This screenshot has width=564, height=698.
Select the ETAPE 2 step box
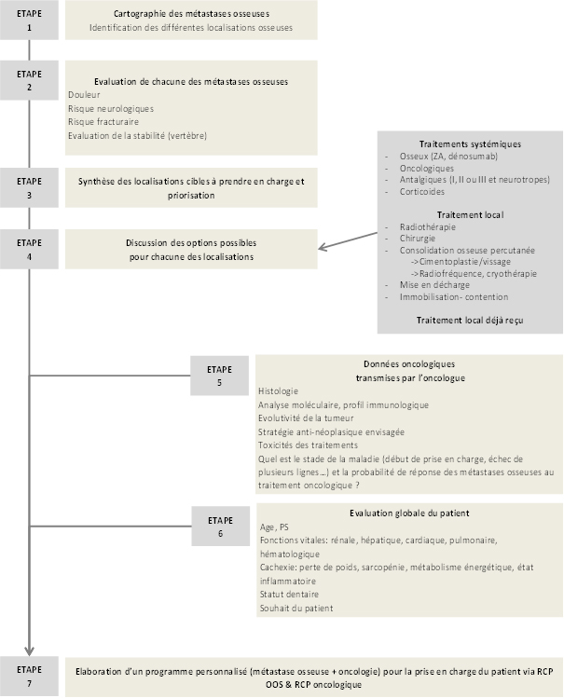[x=30, y=80]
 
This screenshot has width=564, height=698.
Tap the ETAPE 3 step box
[x=30, y=188]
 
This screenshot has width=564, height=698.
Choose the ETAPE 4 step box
[x=30, y=249]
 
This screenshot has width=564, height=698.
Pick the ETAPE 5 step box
[x=219, y=376]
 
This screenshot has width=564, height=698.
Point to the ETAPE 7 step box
[x=30, y=676]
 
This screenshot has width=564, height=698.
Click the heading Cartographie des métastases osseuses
[x=190, y=15]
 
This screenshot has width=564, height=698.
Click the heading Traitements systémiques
[x=470, y=144]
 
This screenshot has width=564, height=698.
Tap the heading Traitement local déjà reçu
[x=471, y=320]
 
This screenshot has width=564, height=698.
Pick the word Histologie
[x=279, y=390]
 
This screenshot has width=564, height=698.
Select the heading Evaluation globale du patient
[x=409, y=513]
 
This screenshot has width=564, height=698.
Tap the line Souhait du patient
[x=296, y=609]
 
